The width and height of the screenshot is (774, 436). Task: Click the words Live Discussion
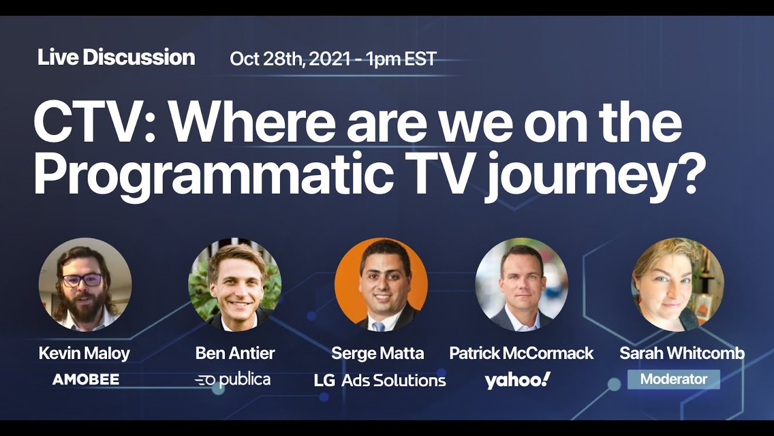pos(116,58)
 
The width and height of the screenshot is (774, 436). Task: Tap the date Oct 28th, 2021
pos(290,59)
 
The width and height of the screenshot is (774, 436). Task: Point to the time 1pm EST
pos(401,59)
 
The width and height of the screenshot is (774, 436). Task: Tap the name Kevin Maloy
pos(84,353)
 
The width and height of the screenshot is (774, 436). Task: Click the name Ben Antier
pos(235,353)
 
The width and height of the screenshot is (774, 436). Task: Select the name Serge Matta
pos(377,353)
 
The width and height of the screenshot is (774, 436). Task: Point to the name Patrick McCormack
pos(521,353)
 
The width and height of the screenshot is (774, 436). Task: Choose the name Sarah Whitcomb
pos(681,353)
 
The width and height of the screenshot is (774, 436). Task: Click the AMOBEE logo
pos(85,380)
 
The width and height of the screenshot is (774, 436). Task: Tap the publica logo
pos(233,380)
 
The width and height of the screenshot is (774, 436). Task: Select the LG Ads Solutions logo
pos(380,380)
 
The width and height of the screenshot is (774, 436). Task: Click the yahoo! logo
pos(518,380)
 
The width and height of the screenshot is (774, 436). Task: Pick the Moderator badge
pos(674,380)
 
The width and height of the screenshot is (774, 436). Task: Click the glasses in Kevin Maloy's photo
pos(83,280)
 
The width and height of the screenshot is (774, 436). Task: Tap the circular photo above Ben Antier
pos(235,285)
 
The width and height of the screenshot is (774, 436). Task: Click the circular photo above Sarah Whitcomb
pos(677,285)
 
